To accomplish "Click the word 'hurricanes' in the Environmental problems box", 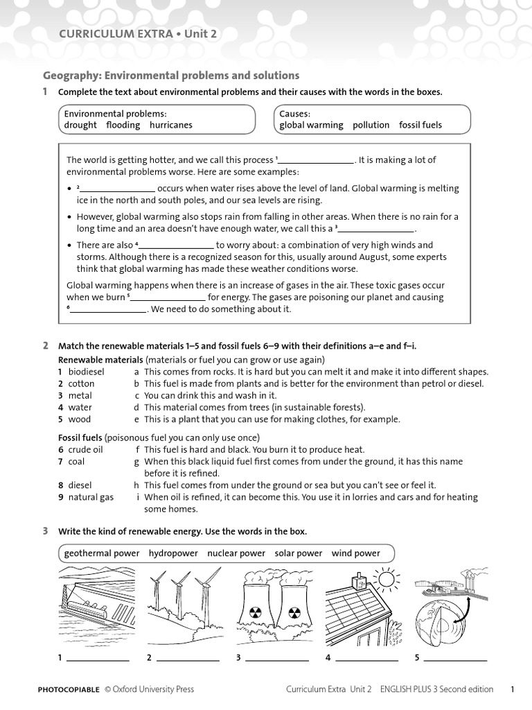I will click(171, 125).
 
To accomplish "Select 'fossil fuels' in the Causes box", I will click(420, 125).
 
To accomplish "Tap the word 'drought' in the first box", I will click(80, 125).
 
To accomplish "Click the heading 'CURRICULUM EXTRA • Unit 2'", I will click(133, 34).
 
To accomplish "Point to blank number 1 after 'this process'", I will click(316, 160).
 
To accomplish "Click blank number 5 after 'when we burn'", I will click(168, 297).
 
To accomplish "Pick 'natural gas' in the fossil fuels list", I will click(91, 497).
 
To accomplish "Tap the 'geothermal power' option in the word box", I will click(101, 553).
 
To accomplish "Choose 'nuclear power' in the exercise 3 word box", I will click(236, 553).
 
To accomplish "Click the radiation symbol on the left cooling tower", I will click(252, 613).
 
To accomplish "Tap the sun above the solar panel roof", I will click(384, 578).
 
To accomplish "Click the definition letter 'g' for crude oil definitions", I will click(137, 462).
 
